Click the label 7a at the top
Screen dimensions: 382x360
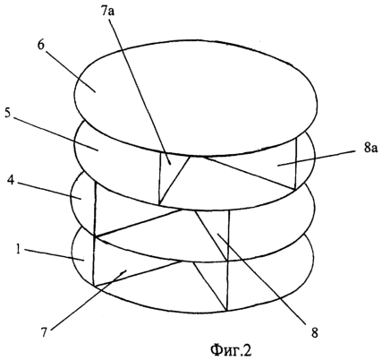(110, 13)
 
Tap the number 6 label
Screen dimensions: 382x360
(41, 45)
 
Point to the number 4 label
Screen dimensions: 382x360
(12, 180)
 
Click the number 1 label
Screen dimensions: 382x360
(18, 249)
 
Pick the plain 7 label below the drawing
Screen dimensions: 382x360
(44, 332)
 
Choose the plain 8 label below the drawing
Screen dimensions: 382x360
(315, 332)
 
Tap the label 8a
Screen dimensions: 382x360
(370, 149)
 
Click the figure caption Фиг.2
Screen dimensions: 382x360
(231, 349)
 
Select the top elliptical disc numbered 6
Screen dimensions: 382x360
(196, 99)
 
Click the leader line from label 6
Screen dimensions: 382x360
(71, 69)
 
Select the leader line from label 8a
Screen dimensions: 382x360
(317, 159)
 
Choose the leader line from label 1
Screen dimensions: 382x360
(53, 255)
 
